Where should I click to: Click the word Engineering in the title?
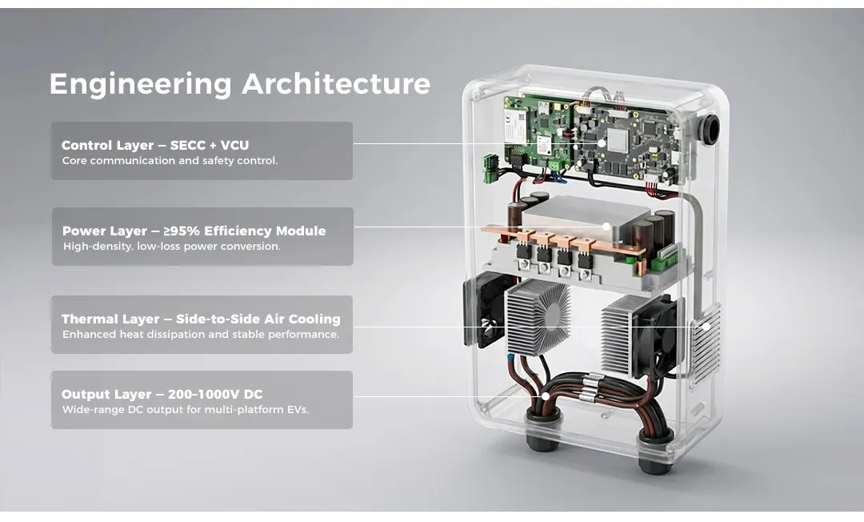(141, 84)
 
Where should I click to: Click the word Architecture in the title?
(336, 84)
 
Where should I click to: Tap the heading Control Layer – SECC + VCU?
(155, 146)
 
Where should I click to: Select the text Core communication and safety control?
(170, 161)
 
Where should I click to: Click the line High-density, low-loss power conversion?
(172, 247)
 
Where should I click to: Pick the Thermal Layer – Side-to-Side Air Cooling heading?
(201, 319)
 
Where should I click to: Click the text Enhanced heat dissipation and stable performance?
(201, 335)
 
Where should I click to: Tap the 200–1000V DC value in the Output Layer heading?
(215, 395)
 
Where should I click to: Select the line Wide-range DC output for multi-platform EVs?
(185, 410)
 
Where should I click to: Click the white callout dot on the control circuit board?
(602, 143)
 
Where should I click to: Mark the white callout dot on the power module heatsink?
(606, 227)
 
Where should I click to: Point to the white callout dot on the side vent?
(706, 327)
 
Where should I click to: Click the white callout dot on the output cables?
(545, 396)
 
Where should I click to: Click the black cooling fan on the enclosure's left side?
(485, 310)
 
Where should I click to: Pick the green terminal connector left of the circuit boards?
(491, 169)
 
